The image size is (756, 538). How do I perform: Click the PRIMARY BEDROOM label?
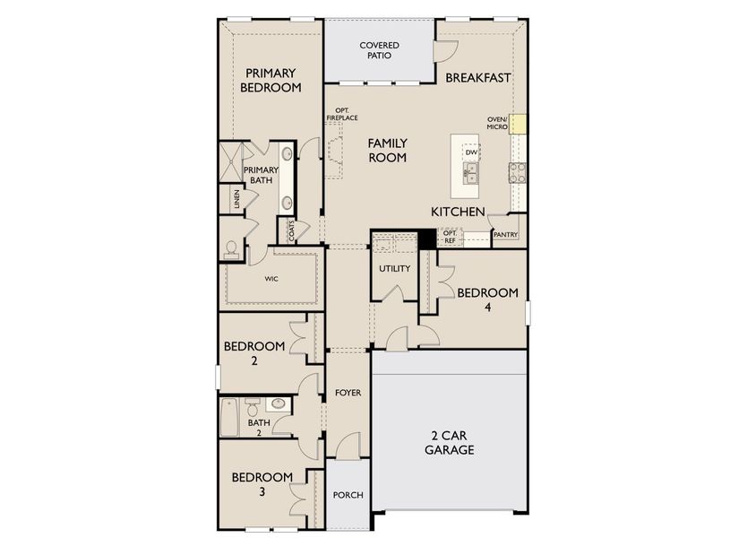[x=270, y=80]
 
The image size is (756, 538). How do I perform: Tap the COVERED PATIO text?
[x=379, y=49]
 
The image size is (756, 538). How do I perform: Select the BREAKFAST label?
[x=478, y=78]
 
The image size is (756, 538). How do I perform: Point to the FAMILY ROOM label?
[x=387, y=150]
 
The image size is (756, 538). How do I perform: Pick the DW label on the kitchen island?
[x=470, y=152]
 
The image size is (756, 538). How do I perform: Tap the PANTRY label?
[x=505, y=235]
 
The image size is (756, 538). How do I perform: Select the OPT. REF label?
[x=450, y=237]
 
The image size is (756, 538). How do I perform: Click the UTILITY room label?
[x=394, y=268]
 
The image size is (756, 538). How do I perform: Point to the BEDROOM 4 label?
[x=487, y=299]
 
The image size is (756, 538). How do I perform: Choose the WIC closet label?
[x=271, y=279]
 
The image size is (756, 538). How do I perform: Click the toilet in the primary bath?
[x=230, y=248]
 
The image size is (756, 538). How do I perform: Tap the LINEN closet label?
[x=236, y=198]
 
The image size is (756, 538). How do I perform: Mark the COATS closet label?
[x=292, y=231]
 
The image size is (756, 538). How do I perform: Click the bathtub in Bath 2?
[x=229, y=414]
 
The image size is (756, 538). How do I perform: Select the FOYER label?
[x=348, y=393]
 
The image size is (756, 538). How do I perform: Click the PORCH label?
[x=347, y=495]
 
